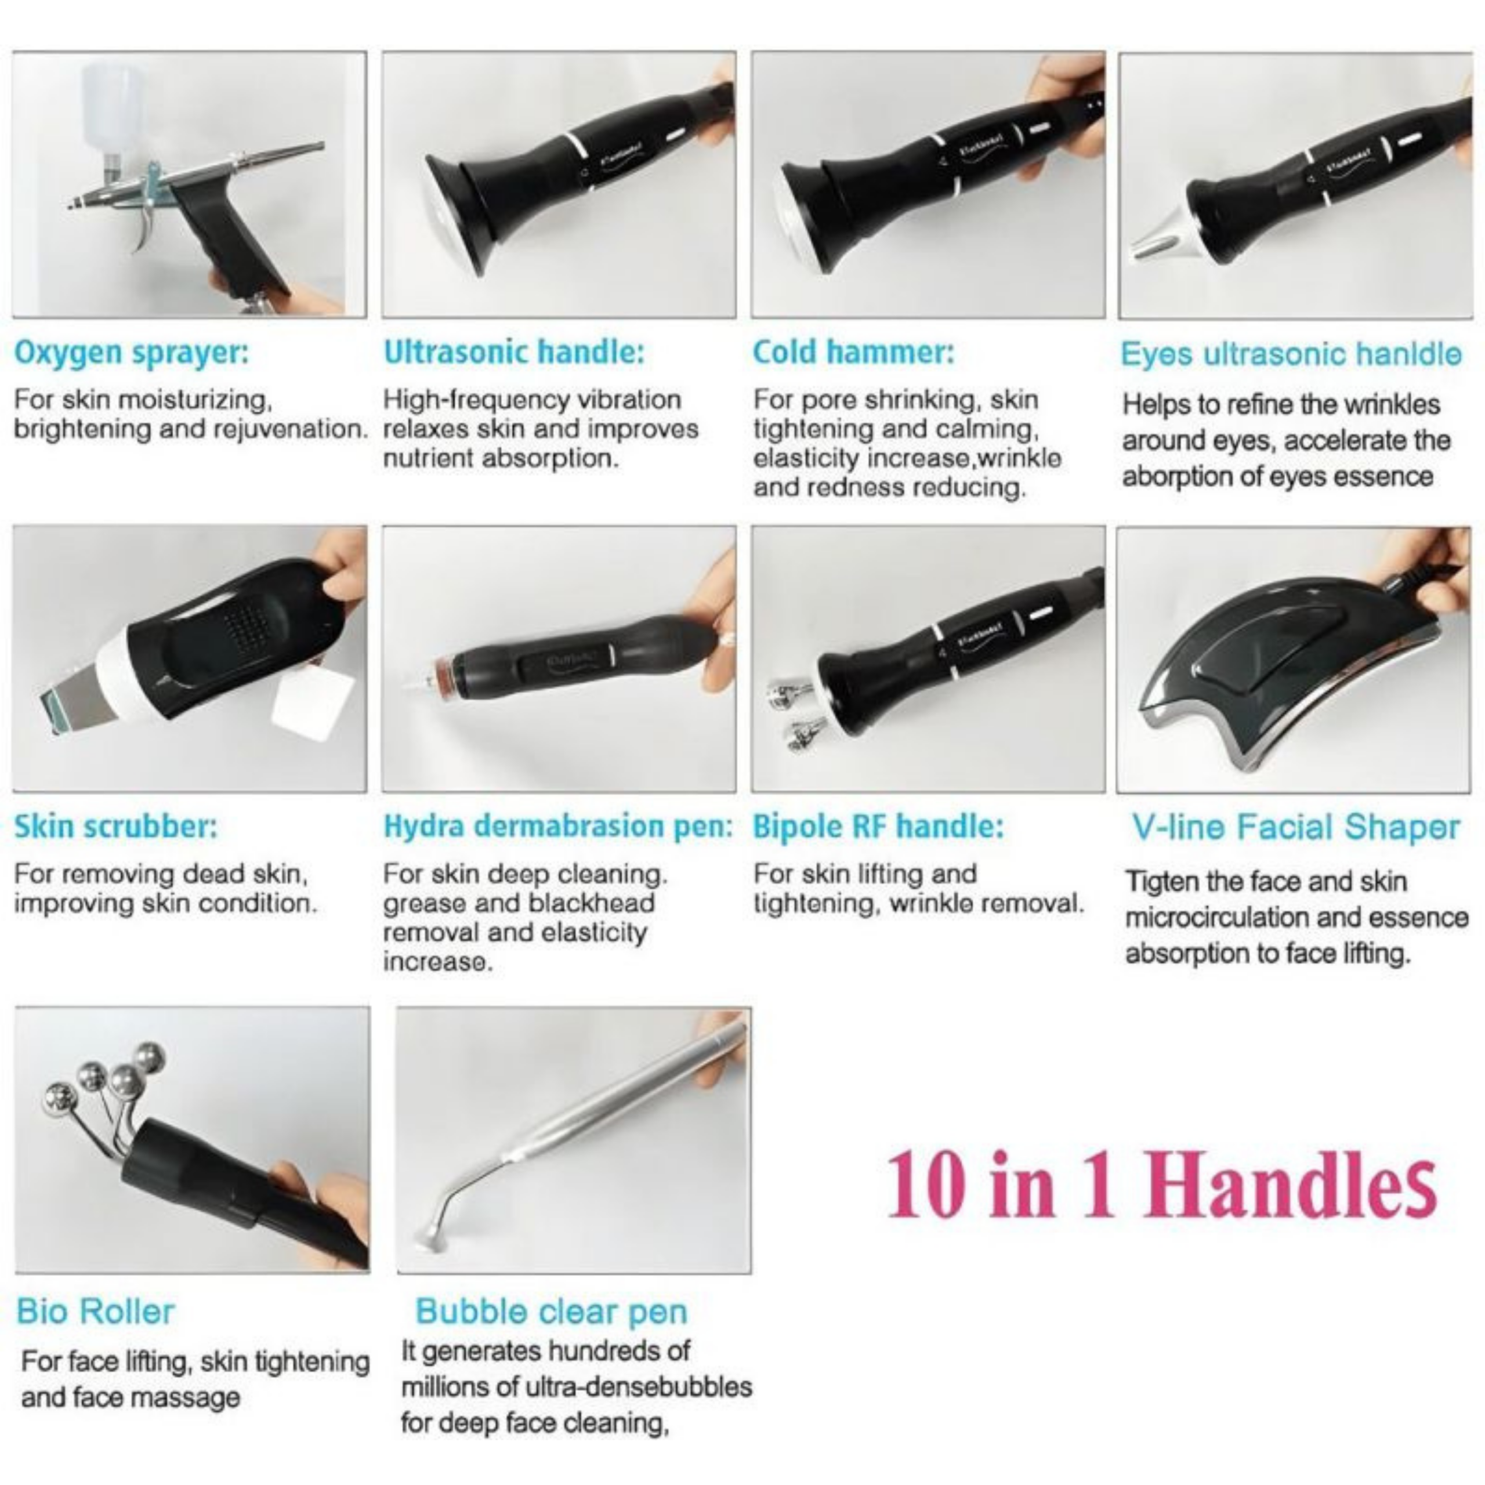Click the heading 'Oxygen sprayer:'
coord(132,353)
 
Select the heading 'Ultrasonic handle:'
coord(513,352)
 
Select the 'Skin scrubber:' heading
coord(115,827)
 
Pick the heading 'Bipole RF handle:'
coord(878,827)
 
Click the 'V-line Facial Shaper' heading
coord(1295,828)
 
